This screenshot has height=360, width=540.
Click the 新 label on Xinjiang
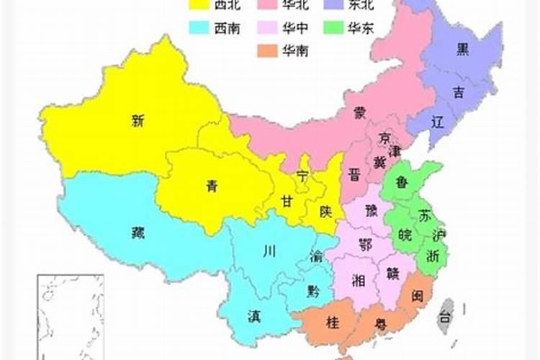coord(138,121)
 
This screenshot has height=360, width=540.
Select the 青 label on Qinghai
coord(211,186)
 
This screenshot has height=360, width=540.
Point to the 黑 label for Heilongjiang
coord(463,49)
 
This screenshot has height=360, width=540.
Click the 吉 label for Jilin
coord(459,91)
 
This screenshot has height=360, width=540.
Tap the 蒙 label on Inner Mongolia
coord(359,112)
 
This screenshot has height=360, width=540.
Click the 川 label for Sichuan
coord(269,251)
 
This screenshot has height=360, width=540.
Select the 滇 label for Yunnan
coord(254,315)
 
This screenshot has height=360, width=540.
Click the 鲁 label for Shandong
coord(402,182)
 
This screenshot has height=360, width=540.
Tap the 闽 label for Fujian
coord(418,295)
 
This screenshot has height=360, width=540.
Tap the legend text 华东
coord(359,28)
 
